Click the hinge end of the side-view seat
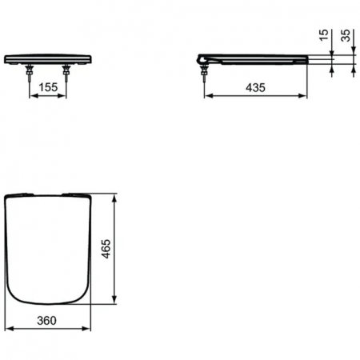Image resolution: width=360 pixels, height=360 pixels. coord(203,59)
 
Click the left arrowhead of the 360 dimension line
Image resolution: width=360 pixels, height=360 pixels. coord(7,328)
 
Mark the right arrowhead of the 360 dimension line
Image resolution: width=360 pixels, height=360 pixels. coord(88,328)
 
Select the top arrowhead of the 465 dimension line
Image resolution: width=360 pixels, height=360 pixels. coord(119,196)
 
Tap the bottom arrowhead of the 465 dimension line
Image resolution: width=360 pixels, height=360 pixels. coord(119,302)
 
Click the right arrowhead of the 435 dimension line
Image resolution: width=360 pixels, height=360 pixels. coord(305,95)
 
